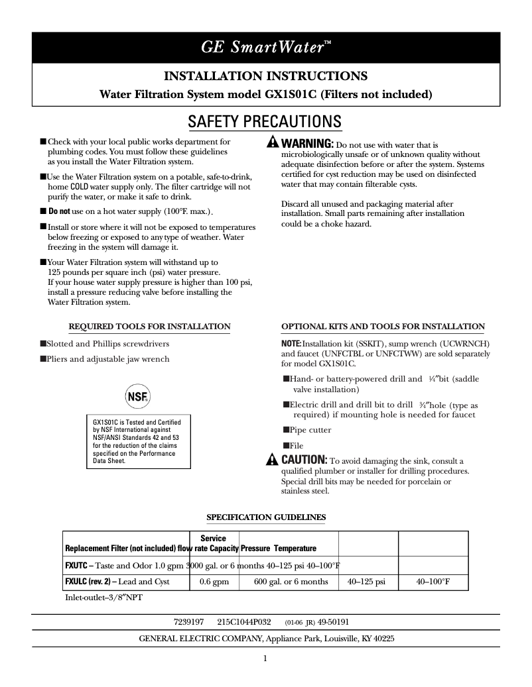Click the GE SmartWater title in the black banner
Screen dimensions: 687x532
(x=265, y=47)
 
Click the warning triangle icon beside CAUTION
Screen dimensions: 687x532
(x=272, y=460)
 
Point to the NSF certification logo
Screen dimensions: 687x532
(x=137, y=397)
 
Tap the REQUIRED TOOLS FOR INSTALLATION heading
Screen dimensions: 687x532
(x=150, y=327)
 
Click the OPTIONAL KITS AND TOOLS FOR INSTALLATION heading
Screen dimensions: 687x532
(x=383, y=327)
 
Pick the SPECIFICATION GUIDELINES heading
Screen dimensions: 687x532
(x=266, y=517)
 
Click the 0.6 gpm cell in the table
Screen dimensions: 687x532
(x=214, y=582)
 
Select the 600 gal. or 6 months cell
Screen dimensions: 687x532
(x=291, y=582)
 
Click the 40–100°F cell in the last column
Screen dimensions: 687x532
(x=432, y=582)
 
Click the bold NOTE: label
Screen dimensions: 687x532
(x=291, y=344)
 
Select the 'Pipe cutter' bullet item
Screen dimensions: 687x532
(x=310, y=430)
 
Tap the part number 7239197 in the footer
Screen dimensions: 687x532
(x=188, y=623)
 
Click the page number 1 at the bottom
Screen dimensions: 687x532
(x=265, y=659)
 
